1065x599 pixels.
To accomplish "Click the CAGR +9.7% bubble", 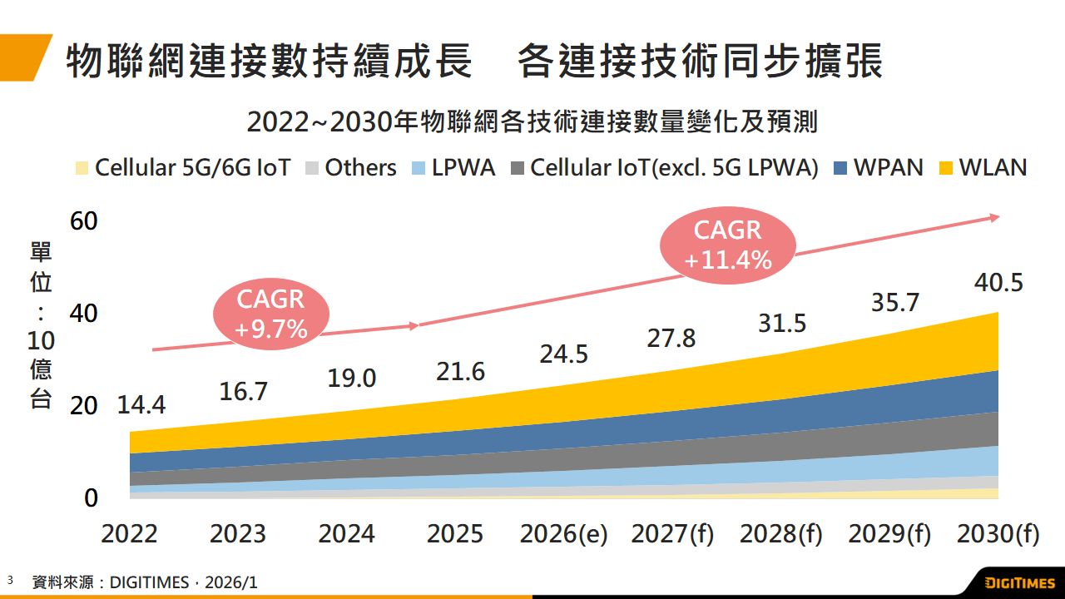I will pyautogui.click(x=271, y=314).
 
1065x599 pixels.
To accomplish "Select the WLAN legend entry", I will pyautogui.click(x=983, y=167).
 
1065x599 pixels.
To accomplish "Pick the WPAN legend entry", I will pyautogui.click(x=878, y=167).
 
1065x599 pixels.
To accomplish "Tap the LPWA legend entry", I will pyautogui.click(x=453, y=167).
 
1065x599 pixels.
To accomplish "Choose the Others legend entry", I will pyautogui.click(x=350, y=167).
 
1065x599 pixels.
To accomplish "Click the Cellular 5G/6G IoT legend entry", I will pyautogui.click(x=182, y=167).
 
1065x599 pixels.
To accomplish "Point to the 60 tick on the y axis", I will pyautogui.click(x=85, y=221).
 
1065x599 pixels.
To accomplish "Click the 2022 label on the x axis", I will pyautogui.click(x=129, y=534).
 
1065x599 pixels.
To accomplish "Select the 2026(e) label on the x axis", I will pyautogui.click(x=563, y=534).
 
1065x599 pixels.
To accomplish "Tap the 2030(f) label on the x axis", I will pyautogui.click(x=998, y=534).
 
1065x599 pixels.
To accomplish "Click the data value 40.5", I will pyautogui.click(x=998, y=283).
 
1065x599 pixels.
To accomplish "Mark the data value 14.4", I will pyautogui.click(x=141, y=405).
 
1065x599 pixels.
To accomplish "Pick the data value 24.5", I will pyautogui.click(x=563, y=354).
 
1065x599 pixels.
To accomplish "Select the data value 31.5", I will pyautogui.click(x=782, y=323).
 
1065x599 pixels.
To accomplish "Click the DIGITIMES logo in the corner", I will pyautogui.click(x=1019, y=582).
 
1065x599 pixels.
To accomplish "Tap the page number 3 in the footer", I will pyautogui.click(x=10, y=578).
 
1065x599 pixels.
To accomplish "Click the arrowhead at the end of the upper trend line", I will pyautogui.click(x=994, y=218).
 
